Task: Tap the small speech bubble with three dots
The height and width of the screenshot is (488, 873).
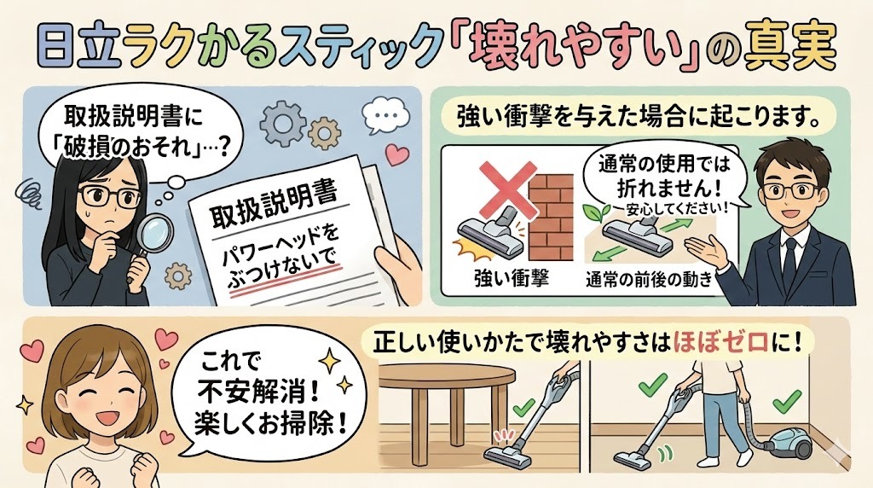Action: click(382, 113)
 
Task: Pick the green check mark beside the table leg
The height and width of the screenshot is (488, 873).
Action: click(528, 407)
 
